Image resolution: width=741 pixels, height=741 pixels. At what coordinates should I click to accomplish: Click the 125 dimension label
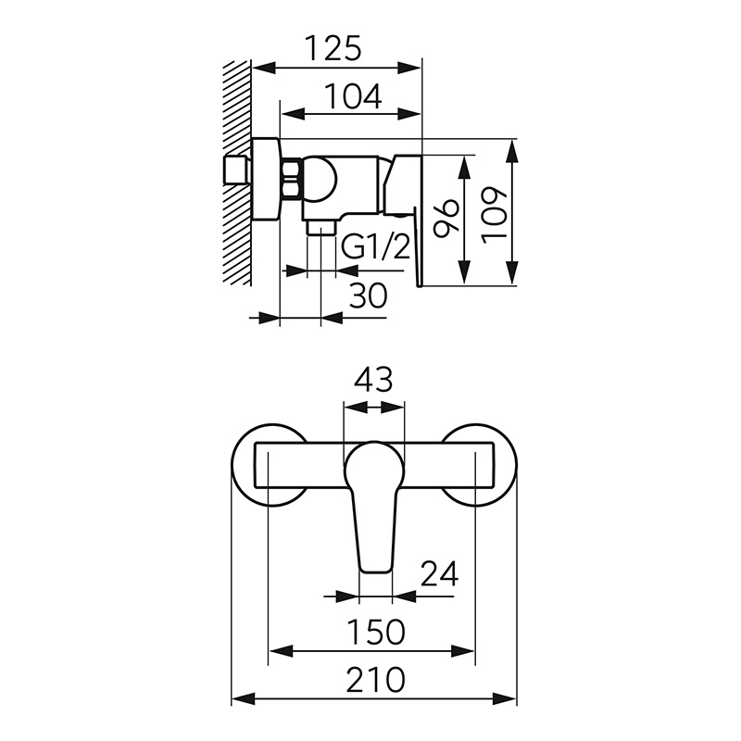tap(333, 48)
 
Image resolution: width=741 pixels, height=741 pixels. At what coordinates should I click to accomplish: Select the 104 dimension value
tap(354, 96)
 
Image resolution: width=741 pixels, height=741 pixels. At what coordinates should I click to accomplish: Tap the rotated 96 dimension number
tap(446, 218)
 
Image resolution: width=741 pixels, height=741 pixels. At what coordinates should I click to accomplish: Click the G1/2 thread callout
tap(375, 245)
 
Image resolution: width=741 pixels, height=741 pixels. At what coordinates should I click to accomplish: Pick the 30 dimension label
tap(368, 295)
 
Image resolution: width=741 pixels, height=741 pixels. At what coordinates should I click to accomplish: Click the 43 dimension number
tap(373, 380)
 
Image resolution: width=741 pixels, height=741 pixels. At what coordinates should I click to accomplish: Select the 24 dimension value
tap(439, 573)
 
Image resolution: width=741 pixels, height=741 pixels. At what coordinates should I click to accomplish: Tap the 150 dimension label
tap(376, 632)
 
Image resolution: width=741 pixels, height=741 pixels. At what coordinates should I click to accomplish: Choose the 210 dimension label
tap(376, 680)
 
